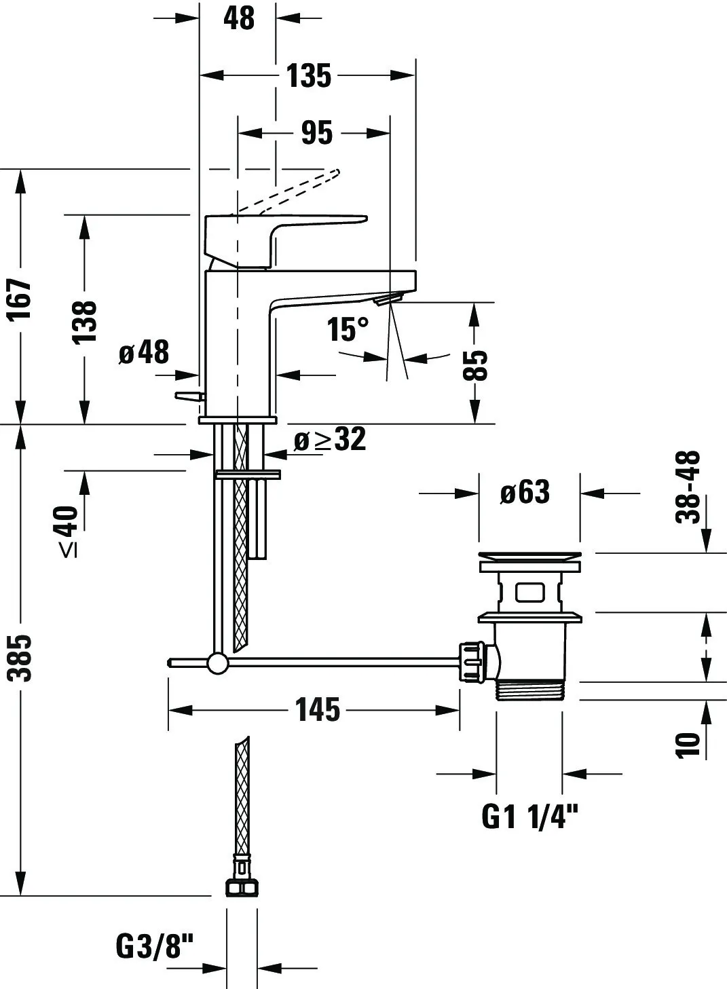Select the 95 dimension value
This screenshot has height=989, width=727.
pos(317,132)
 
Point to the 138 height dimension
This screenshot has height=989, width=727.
pos(86,320)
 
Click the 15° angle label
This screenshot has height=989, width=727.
pos(348,330)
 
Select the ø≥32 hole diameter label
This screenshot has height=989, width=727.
pos(330,440)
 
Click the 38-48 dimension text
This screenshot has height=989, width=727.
pos(688,487)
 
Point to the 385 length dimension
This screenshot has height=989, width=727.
pos(22,657)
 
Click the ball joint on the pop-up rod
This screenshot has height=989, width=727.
pos(218,663)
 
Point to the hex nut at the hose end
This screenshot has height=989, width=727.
pos(240,888)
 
